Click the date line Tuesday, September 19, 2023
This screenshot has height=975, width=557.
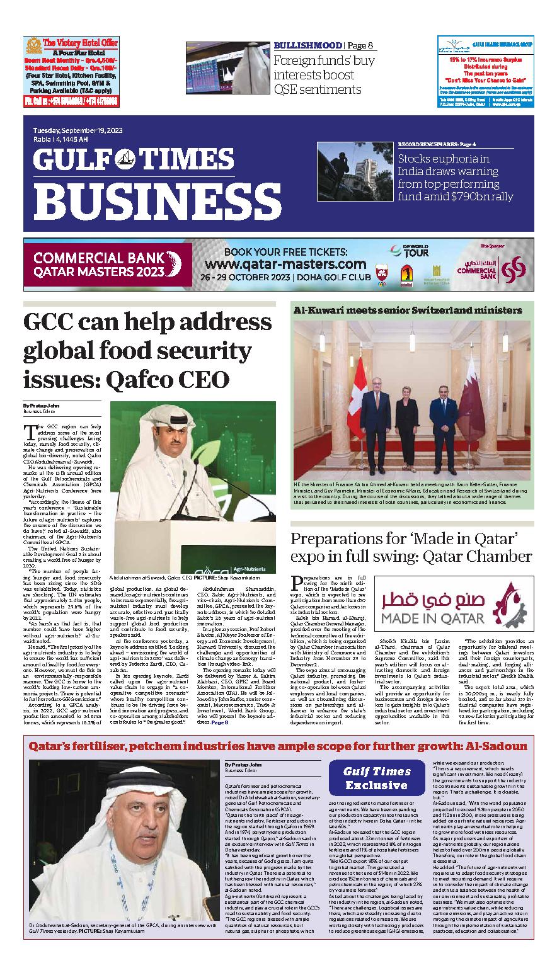(78, 130)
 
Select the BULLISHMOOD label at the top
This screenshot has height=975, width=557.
(308, 45)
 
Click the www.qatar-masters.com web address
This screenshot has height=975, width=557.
(285, 264)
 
